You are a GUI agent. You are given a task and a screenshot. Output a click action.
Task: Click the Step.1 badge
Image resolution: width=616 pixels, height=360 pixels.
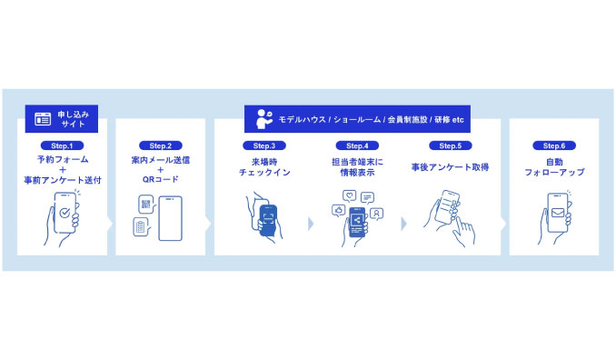click(62, 145)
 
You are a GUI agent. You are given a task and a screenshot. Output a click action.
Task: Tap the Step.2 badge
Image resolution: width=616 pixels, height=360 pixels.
click(160, 145)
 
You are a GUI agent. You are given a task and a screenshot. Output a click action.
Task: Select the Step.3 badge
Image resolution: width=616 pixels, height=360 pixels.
click(264, 145)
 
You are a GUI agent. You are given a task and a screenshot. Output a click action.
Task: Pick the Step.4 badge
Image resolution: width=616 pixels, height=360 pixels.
click(357, 145)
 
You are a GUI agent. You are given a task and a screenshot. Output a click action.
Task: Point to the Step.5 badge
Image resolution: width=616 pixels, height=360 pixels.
click(451, 145)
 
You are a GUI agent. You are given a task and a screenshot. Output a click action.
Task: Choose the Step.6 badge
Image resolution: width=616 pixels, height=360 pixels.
click(554, 145)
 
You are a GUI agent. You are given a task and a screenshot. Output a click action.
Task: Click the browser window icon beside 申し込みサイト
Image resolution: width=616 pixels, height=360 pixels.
click(43, 119)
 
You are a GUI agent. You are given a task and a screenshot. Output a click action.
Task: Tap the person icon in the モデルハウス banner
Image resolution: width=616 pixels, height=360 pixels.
click(264, 119)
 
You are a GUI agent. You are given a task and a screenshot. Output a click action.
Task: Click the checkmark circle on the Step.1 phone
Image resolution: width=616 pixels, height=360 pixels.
click(65, 213)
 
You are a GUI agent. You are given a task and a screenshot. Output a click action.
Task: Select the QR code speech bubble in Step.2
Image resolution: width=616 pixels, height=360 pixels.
click(146, 205)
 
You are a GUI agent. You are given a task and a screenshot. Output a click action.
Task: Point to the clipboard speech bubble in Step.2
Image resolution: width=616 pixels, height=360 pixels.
click(141, 226)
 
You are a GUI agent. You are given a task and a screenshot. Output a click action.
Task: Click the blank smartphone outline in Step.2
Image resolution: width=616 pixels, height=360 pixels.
click(170, 218)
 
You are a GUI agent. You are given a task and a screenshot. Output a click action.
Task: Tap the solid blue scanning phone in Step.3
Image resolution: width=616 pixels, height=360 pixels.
click(269, 220)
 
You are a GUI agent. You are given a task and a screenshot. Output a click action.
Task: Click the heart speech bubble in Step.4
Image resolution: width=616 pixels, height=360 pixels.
click(349, 195)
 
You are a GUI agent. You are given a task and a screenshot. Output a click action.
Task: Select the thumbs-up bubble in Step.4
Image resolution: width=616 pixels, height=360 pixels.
click(339, 211)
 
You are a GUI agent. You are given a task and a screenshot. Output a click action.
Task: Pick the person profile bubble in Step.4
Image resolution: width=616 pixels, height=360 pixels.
click(376, 214)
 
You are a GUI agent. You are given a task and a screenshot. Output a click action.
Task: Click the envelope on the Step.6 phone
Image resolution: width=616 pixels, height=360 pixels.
click(558, 213)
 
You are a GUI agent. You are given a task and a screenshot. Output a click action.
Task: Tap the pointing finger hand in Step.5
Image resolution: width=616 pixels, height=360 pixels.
click(464, 232)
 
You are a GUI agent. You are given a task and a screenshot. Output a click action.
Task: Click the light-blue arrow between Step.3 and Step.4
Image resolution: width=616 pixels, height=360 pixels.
click(311, 224)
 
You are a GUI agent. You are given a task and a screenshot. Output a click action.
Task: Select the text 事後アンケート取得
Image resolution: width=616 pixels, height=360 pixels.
click(451, 167)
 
